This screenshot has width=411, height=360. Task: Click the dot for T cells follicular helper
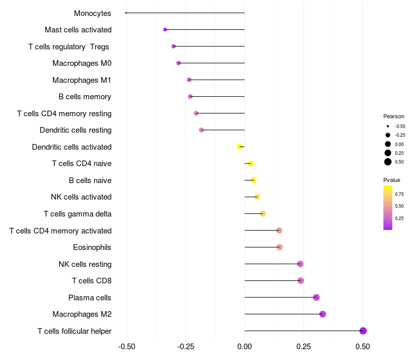coord(363,331)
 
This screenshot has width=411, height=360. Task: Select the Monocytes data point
coord(126,13)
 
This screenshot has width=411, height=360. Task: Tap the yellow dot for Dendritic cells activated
coord(239,147)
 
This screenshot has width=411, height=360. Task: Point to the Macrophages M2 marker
coord(323,314)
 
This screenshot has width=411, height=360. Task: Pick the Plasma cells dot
coord(316,297)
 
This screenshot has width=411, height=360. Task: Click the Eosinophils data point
coord(279,247)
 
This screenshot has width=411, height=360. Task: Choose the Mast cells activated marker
coord(165,30)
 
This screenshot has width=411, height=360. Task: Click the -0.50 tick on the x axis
coord(126,346)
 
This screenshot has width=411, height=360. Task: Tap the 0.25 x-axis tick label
coord(304,346)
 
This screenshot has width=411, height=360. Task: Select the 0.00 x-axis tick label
coord(245,346)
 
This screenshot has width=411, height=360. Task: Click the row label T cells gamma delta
coord(78,214)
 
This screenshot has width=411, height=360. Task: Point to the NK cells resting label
coord(85,264)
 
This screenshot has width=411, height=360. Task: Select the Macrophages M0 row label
coord(82,63)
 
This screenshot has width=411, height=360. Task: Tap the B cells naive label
coord(90,181)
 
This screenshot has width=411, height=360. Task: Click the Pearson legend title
coord(394,116)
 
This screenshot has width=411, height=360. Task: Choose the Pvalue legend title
coord(391,180)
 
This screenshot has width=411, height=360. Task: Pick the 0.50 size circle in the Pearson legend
coord(388,162)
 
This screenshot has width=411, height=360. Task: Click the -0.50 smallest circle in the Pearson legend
coord(388,127)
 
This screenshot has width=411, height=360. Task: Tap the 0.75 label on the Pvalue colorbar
coord(399,194)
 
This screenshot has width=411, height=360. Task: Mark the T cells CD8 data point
coord(301,281)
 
